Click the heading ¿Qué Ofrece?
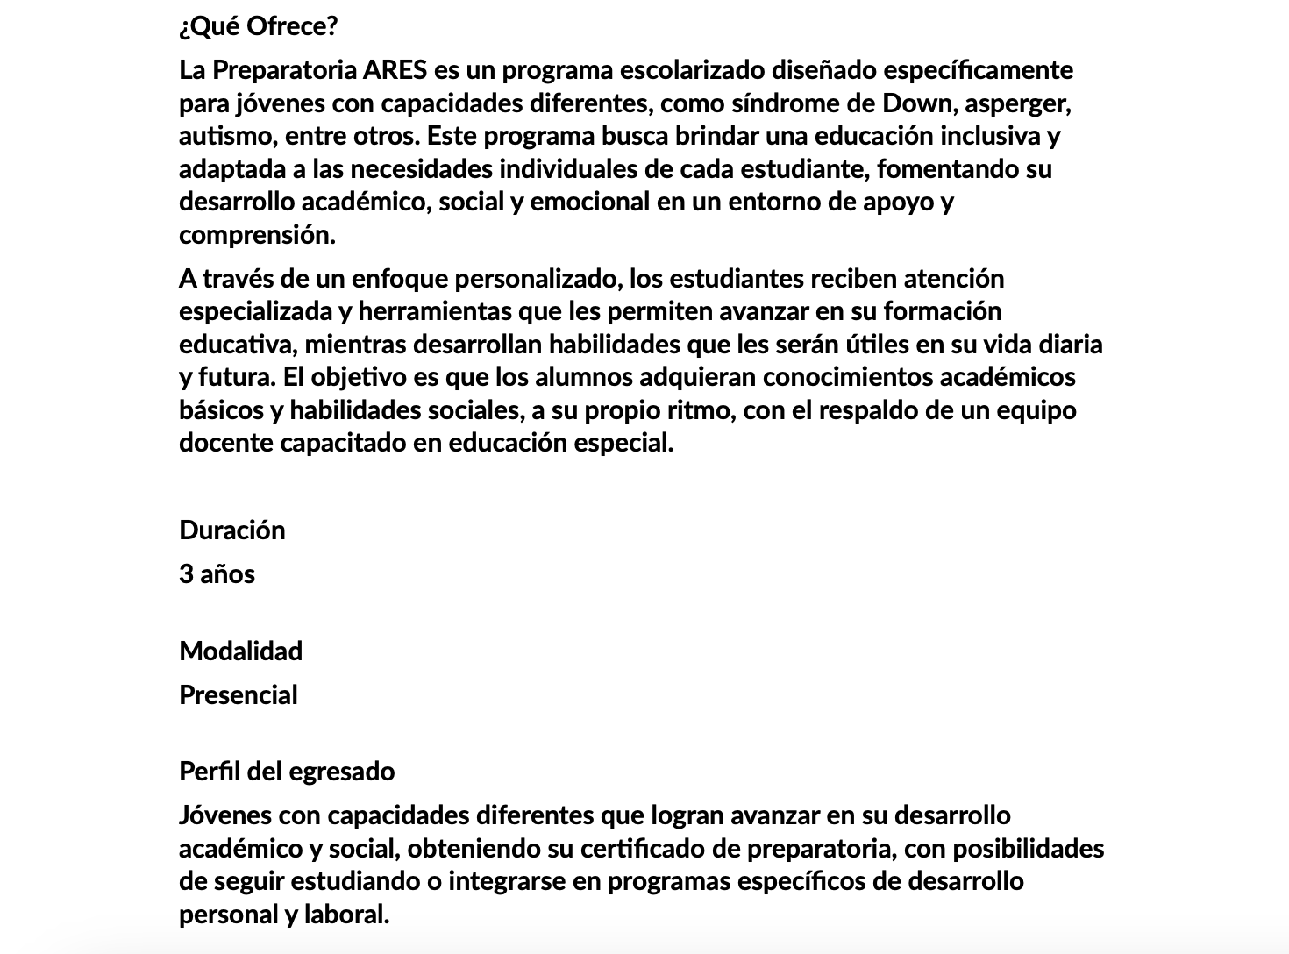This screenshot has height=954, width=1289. pos(258,26)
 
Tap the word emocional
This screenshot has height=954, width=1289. pos(590,202)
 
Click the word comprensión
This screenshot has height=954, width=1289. pos(257,235)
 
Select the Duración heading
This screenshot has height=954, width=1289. pos(232,530)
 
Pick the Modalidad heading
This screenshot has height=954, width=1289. pos(241,651)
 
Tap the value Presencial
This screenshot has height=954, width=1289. pos(239,695)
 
